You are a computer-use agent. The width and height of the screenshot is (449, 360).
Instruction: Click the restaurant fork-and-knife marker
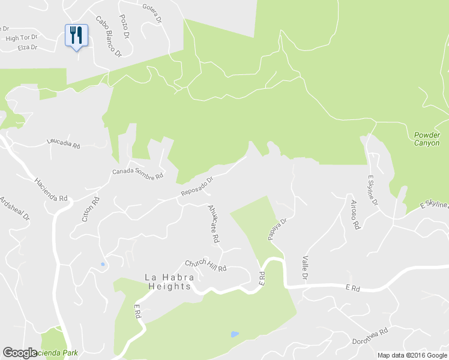(76, 35)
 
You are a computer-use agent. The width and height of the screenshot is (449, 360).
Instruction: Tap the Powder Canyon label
(427, 139)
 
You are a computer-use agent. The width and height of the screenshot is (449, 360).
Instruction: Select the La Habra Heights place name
(168, 282)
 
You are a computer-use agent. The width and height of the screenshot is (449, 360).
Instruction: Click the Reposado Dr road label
(197, 187)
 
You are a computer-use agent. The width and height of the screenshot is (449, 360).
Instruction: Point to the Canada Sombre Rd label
(137, 174)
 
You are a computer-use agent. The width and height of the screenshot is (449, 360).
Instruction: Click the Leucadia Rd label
(64, 143)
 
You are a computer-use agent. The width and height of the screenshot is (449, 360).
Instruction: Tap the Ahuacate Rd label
(213, 223)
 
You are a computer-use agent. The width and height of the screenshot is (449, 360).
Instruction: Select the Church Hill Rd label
(205, 265)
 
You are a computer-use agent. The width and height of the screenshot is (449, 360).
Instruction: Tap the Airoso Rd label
(355, 215)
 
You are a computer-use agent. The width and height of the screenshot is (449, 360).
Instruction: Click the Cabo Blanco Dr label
(109, 35)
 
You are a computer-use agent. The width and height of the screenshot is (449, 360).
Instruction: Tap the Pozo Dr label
(124, 26)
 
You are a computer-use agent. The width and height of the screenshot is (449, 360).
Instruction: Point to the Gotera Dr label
(152, 13)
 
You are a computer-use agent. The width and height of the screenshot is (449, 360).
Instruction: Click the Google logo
(20, 353)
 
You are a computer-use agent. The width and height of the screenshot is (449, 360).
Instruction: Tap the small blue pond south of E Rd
(235, 334)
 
